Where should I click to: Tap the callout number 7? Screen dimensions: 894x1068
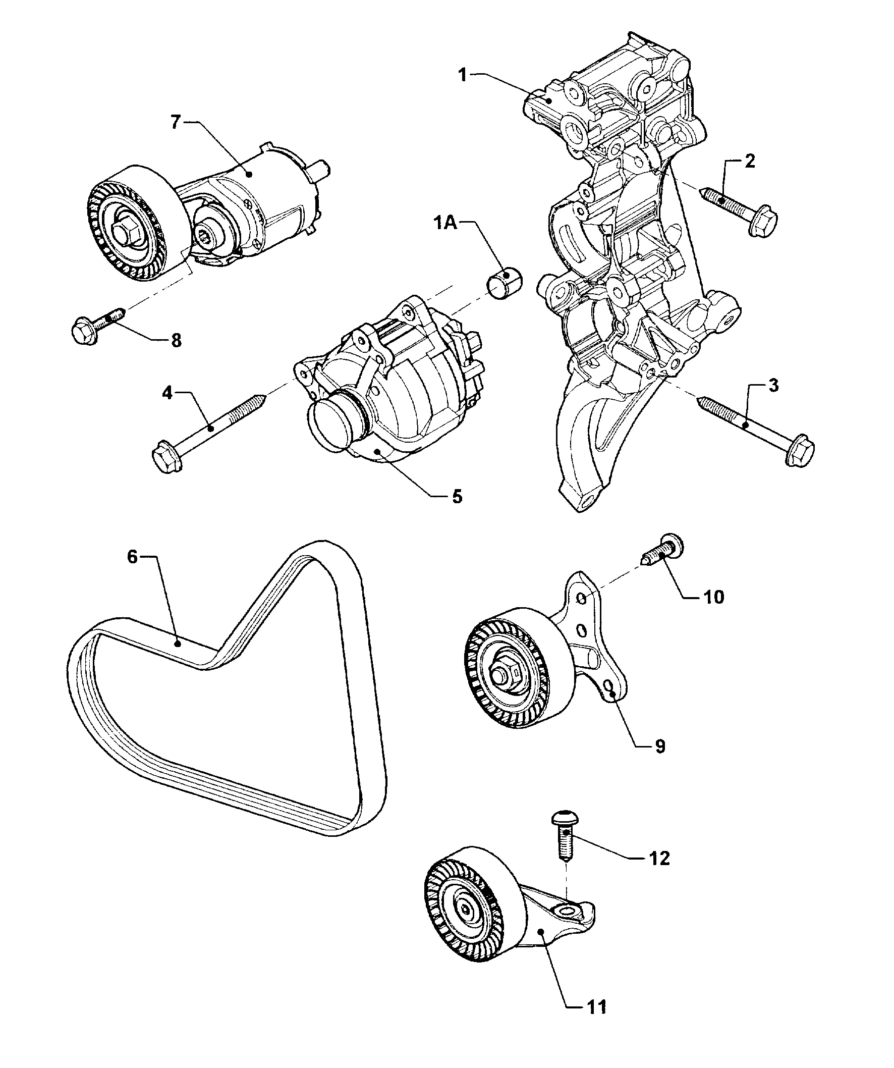pos(176,123)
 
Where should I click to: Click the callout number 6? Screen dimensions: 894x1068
pos(132,557)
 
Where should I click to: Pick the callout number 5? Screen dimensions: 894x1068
pos(457,496)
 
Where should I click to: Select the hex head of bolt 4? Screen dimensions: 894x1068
pos(165,456)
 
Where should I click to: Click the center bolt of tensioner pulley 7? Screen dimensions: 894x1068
pos(124,233)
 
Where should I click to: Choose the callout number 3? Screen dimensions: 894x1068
pos(772,386)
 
